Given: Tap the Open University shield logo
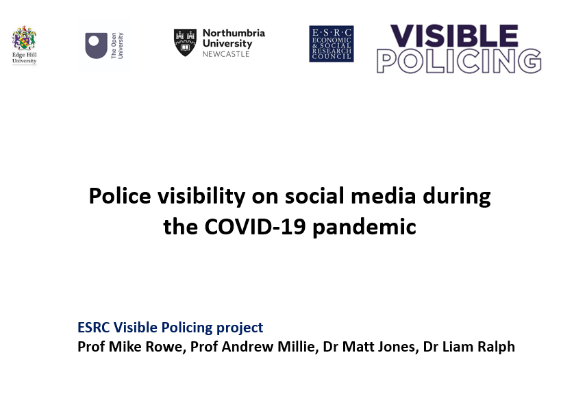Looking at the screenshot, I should (x=96, y=45).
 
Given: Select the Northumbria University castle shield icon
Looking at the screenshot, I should (x=184, y=42).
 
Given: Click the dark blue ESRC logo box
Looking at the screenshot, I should (x=331, y=44).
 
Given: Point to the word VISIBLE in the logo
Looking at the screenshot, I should (x=453, y=37).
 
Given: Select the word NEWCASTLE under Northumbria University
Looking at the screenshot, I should (x=226, y=53).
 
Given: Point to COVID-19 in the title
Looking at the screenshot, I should (x=251, y=226).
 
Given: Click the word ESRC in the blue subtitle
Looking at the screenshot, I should (x=94, y=328).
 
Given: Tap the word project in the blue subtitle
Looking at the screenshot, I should (x=240, y=328).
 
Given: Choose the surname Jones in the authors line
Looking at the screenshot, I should (x=395, y=346).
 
